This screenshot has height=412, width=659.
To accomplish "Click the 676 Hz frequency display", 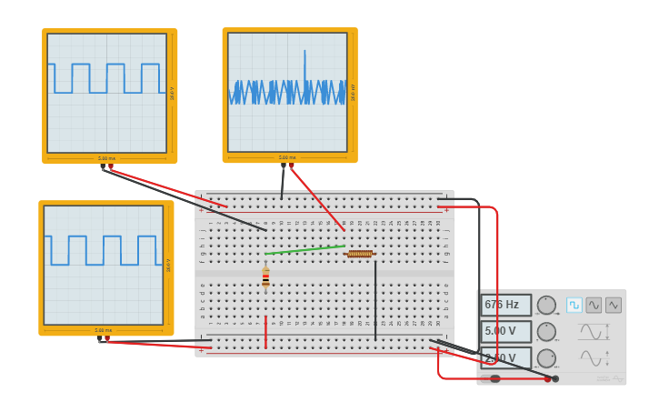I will (505, 305).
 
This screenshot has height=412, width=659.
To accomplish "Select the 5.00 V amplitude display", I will (505, 331).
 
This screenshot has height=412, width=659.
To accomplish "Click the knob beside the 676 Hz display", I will (546, 306).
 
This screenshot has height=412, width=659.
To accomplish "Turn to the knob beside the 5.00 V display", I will (546, 332).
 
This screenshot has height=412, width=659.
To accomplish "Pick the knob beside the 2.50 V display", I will (546, 358).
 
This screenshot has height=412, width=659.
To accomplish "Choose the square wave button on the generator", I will (574, 305).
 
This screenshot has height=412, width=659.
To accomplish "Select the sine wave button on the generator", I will (594, 305).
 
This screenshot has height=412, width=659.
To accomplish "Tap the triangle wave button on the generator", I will (614, 305).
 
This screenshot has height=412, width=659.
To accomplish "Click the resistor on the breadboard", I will (265, 277).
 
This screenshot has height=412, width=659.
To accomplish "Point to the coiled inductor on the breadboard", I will (360, 254).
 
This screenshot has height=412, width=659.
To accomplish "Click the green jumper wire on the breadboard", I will (305, 249).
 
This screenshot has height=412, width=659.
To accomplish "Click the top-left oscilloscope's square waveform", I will (106, 78).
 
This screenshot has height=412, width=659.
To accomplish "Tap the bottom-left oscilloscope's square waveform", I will (103, 250).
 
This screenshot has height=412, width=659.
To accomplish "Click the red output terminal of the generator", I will (548, 378).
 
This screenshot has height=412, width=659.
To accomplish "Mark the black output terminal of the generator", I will (555, 378).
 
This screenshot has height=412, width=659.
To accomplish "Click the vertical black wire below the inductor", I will (375, 300).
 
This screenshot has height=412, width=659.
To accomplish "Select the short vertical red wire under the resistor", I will (265, 332).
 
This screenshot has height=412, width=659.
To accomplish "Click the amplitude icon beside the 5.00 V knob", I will (592, 332).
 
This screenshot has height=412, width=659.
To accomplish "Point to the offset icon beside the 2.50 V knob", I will (592, 358).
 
